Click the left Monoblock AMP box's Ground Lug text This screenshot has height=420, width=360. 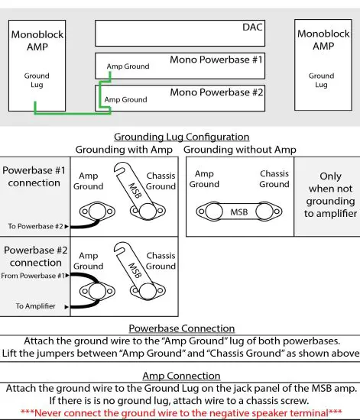click(37, 80)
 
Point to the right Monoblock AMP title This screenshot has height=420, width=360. click(322, 40)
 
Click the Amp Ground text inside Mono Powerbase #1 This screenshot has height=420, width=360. click(128, 66)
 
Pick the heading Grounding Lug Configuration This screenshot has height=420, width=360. click(180, 137)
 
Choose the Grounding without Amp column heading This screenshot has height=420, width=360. click(240, 150)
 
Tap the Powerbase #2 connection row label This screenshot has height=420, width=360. click(34, 255)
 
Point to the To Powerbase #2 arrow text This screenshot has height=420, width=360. click(35, 226)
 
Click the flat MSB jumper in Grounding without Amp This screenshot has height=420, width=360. click(238, 210)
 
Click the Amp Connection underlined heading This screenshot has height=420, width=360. click(180, 375)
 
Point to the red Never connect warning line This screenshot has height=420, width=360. click(180, 412)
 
